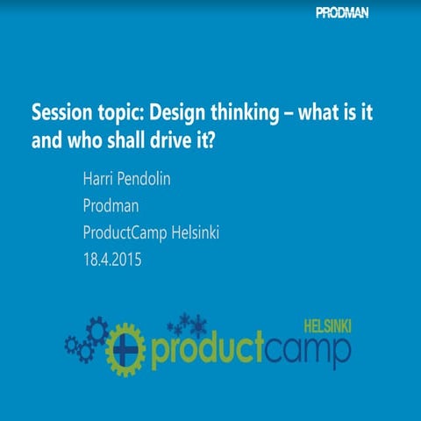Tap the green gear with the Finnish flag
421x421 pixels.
click(125, 348)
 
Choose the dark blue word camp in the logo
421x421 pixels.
click(308, 350)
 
